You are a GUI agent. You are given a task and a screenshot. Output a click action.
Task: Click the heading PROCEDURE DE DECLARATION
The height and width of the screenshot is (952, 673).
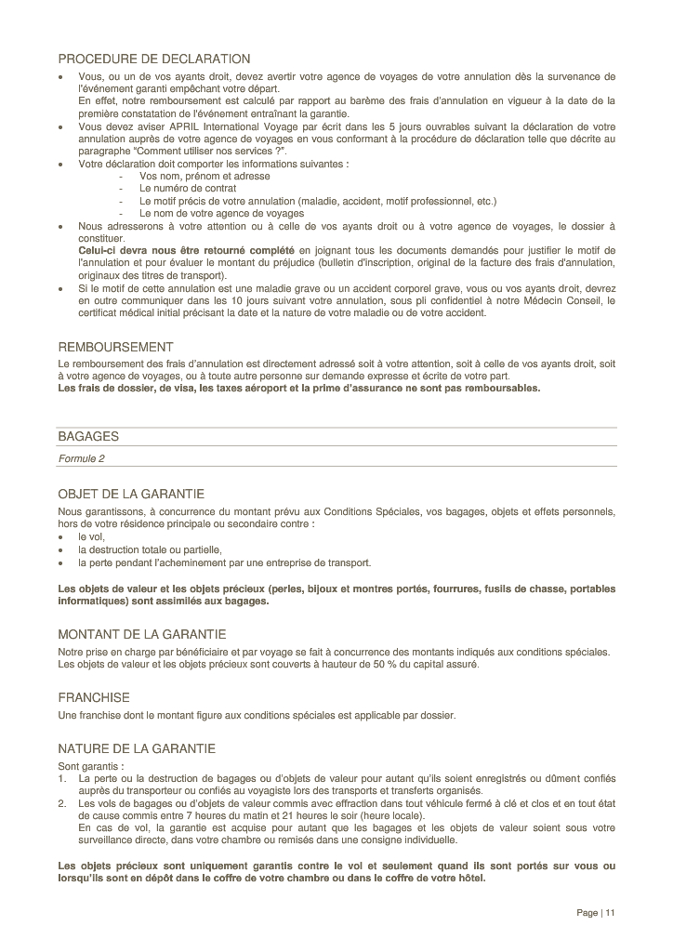(153, 59)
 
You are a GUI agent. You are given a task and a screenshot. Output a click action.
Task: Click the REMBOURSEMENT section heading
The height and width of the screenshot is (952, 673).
(115, 347)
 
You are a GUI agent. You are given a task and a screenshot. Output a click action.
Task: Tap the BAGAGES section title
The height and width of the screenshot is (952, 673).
(88, 436)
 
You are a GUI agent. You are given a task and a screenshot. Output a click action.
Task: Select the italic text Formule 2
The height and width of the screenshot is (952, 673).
(82, 458)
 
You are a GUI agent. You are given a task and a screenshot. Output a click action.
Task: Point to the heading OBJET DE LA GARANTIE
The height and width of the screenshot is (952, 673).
(131, 494)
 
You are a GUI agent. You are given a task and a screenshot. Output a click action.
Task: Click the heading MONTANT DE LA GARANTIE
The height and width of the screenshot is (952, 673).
(141, 635)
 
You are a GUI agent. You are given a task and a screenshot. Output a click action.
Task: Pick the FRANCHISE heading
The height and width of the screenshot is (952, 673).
(94, 697)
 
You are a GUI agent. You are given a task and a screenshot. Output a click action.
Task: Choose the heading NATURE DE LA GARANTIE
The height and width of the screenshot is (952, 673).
(137, 748)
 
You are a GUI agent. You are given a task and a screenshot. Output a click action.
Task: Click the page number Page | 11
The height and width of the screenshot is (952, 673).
(596, 913)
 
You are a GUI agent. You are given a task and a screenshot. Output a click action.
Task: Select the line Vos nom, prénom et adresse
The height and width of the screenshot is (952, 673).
(205, 176)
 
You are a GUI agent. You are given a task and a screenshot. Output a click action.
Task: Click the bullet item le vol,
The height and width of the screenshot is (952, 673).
(91, 536)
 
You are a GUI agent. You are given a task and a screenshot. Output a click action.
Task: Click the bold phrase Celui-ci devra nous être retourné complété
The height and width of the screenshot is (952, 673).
(187, 251)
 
